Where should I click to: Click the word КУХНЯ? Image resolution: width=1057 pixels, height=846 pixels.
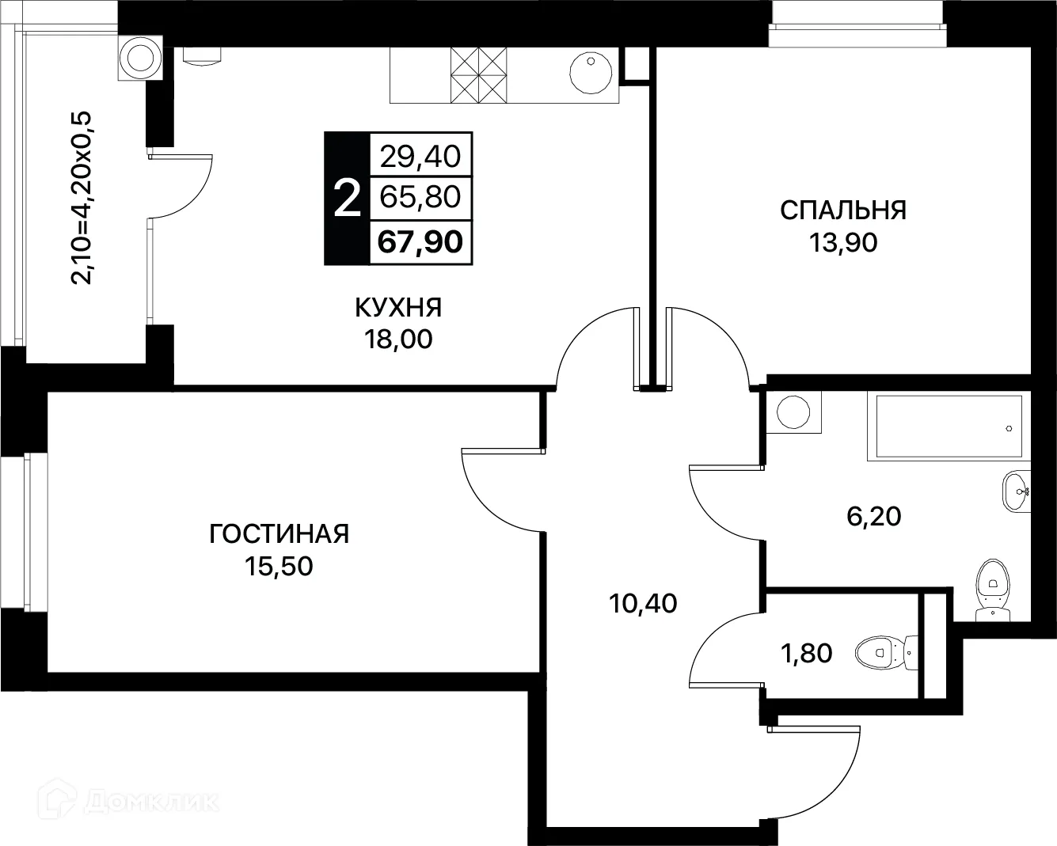coord(398,306)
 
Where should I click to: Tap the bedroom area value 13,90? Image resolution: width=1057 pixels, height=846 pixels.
coord(843,243)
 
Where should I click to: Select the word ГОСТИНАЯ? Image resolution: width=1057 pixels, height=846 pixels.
coord(279,533)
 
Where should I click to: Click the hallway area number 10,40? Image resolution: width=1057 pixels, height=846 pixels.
coord(643,604)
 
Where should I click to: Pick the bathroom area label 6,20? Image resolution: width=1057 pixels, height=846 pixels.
coord(874,517)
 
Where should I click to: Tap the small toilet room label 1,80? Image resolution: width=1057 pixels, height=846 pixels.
coord(808,654)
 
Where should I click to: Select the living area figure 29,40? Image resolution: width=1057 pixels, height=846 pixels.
coord(420,156)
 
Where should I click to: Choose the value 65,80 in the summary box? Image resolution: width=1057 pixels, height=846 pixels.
coord(420,197)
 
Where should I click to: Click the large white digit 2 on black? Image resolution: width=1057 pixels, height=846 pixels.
coord(347,199)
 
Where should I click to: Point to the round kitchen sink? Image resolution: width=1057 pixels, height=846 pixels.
coord(591,73)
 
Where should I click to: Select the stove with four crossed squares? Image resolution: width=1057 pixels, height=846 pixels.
coord(478,74)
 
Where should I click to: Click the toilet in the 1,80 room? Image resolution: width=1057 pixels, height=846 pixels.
coord(884,654)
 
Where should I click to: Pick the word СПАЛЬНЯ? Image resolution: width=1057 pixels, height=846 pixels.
coord(843,211)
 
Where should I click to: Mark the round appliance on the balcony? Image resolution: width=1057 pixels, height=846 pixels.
coord(139,58)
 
